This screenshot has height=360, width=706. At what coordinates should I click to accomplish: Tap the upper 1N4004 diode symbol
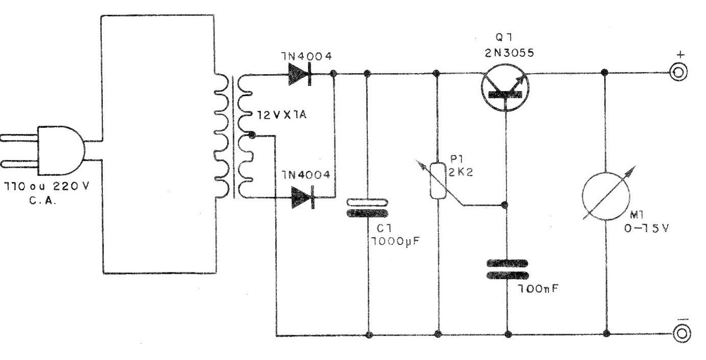[301, 74]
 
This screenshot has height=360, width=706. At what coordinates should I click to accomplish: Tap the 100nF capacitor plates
[507, 269]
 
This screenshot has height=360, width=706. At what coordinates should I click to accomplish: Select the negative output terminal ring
[680, 334]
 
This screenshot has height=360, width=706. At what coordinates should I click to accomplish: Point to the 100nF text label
[537, 289]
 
